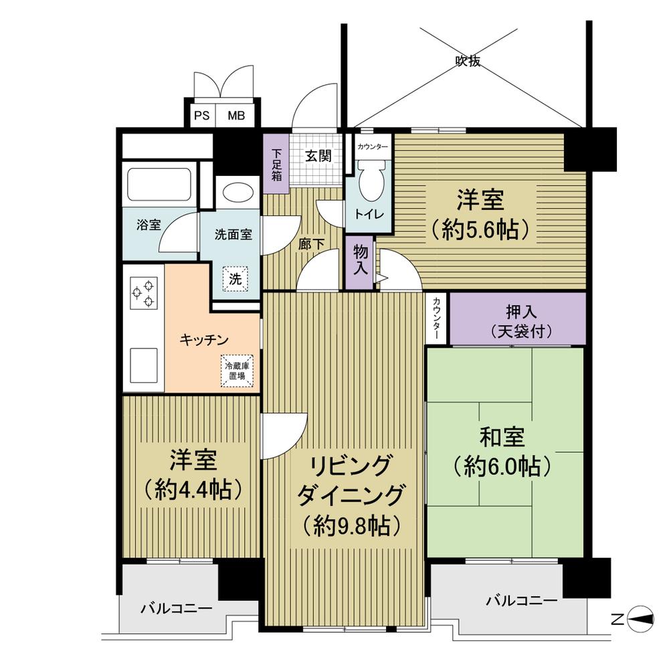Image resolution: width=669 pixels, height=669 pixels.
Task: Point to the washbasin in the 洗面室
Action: point(236,192)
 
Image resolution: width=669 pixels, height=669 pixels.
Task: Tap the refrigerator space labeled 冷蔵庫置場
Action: point(238,370)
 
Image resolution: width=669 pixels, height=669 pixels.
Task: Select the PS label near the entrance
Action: point(201,116)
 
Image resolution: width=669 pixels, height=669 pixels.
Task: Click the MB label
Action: point(235,116)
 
